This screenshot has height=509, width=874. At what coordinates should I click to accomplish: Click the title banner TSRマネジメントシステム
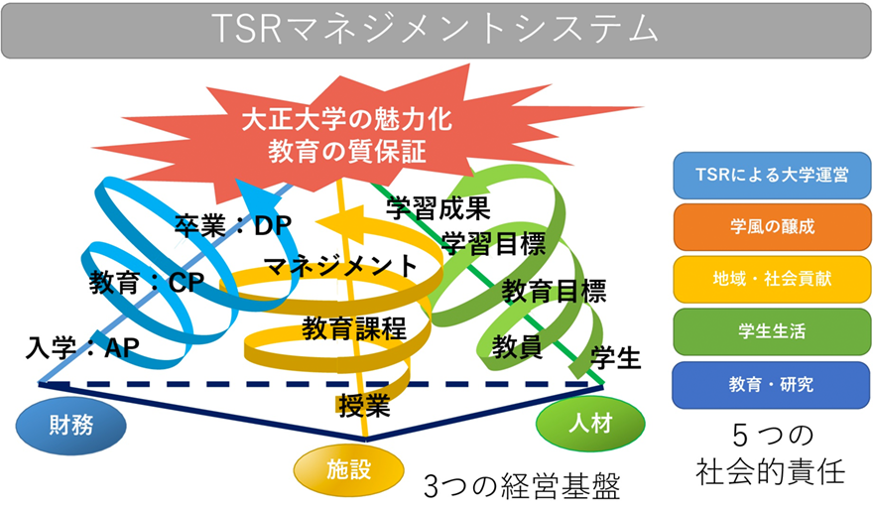[437, 28]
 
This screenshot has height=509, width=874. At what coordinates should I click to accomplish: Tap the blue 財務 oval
[72, 424]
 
